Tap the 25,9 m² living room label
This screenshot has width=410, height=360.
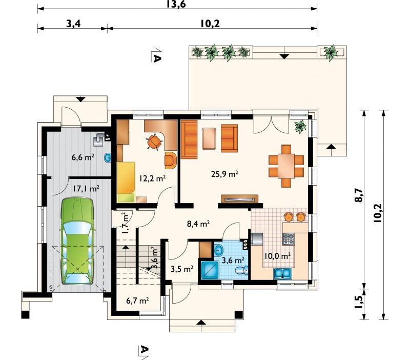[224, 174]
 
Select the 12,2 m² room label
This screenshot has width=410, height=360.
[152, 178]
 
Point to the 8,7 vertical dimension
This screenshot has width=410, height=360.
[359, 195]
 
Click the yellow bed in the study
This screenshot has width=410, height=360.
[126, 182]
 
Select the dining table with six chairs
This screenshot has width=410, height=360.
[286, 166]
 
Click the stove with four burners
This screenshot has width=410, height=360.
[289, 239]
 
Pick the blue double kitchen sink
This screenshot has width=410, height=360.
[282, 273]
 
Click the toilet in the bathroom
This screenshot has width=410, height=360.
[242, 270]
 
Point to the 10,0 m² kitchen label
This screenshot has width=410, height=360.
[277, 255]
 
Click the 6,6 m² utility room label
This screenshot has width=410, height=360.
[83, 157]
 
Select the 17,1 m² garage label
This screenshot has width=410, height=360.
[86, 188]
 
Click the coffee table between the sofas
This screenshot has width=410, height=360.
[209, 138]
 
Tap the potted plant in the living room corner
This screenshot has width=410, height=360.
[300, 127]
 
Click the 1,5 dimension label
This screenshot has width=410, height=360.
[359, 302]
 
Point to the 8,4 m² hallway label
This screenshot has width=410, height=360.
[198, 224]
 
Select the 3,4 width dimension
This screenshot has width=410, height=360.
[73, 24]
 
